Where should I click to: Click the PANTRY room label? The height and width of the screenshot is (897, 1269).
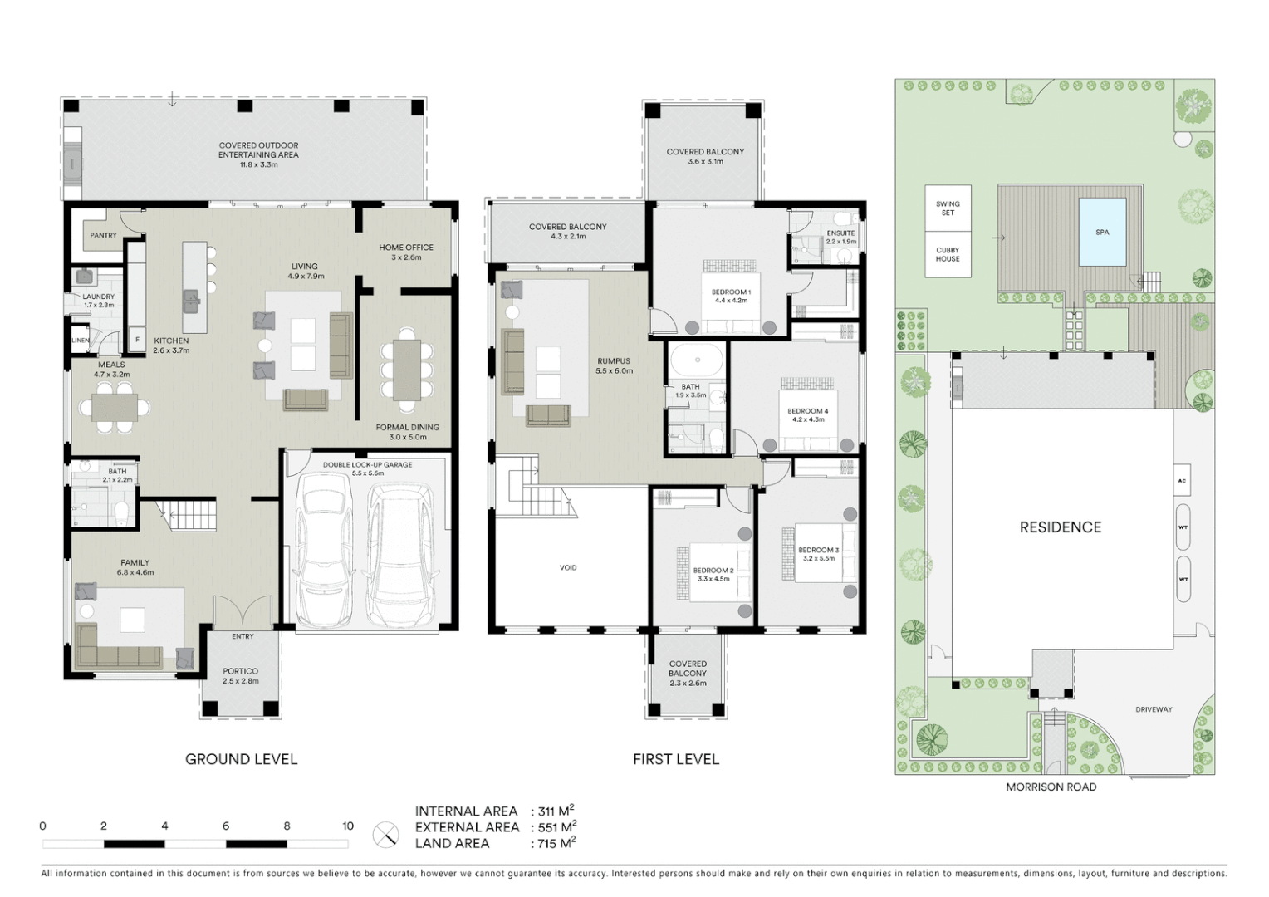[103, 235]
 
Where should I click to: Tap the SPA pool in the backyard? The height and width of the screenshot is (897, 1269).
[1102, 232]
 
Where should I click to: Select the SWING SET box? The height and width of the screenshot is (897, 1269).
[948, 208]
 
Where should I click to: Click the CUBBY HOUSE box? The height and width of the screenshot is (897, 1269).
[948, 254]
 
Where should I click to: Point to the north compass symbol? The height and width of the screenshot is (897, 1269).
[385, 834]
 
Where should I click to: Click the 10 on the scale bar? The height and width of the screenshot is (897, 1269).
[348, 826]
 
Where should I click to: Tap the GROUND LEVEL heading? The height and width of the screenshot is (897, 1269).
[241, 758]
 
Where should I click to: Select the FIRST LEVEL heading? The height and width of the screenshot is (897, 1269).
[676, 758]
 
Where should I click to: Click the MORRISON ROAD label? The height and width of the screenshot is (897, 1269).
[1051, 787]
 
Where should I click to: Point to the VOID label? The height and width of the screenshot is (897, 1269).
[568, 567]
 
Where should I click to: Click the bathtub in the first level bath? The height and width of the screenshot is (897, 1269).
[696, 361]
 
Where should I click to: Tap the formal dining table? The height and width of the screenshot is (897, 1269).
[407, 370]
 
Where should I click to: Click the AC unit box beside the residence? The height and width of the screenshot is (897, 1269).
[1182, 480]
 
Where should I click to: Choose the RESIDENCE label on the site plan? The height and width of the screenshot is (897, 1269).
[1061, 527]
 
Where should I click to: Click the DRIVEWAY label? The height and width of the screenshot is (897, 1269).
[1154, 709]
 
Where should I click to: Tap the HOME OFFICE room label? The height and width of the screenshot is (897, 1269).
[406, 248]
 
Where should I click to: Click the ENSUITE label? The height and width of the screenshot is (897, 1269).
[840, 233]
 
